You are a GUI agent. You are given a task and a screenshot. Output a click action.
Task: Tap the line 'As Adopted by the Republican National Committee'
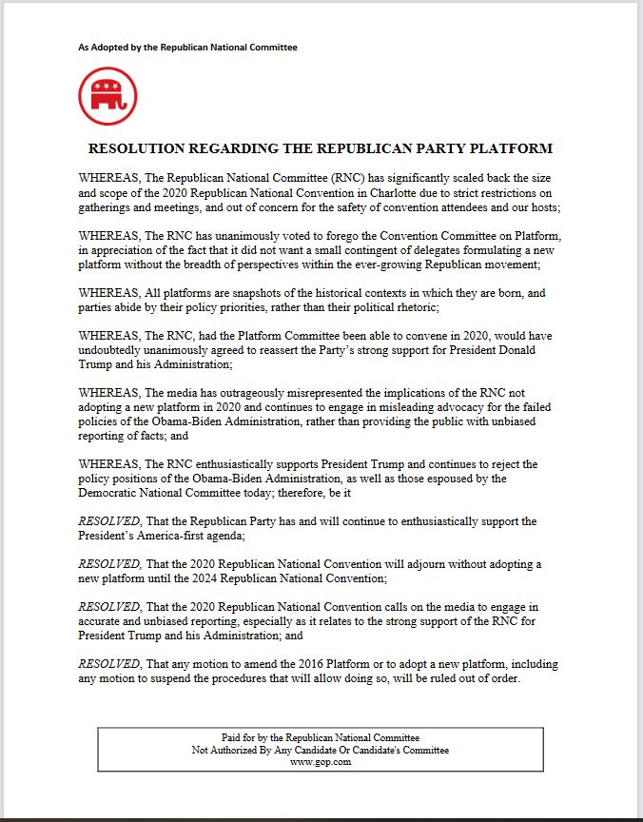pos(187,47)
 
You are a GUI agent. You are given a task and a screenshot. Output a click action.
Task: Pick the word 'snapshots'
pos(269,293)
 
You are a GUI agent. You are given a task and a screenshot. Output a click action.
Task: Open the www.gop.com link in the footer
pos(321,761)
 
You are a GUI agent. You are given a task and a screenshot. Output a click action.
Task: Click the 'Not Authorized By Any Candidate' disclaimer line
pos(321,750)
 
